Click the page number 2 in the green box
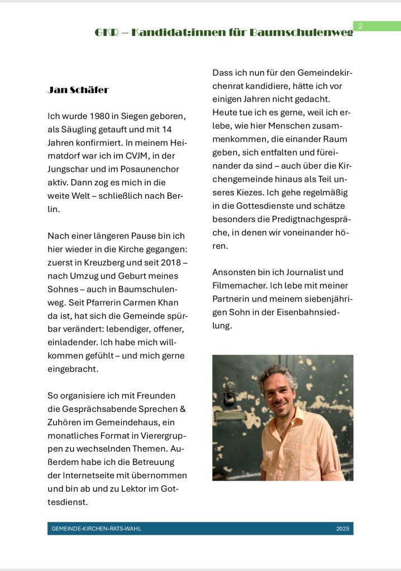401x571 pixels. coord(361,26)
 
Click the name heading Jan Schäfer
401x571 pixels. coord(78,90)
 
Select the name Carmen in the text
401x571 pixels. coord(144,302)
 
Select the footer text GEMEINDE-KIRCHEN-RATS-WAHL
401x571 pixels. coord(96,529)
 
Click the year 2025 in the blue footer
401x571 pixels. coord(342,529)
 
